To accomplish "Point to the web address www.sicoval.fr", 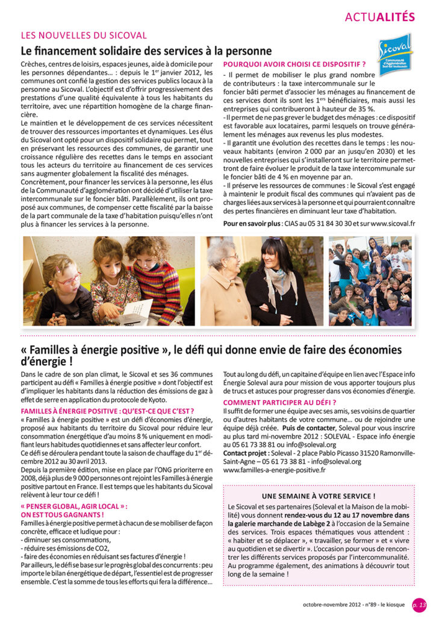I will [x=391, y=224].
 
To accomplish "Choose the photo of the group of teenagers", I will [x=370, y=281].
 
